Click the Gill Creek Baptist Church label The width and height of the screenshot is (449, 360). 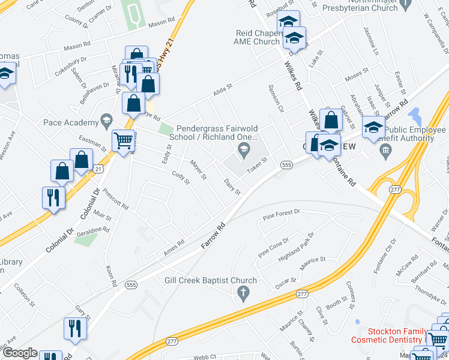[211, 280]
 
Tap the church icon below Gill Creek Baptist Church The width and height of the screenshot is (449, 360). [243, 294]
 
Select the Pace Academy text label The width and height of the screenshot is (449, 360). [70, 123]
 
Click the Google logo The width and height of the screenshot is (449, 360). [20, 353]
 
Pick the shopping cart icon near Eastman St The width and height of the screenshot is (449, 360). [123, 142]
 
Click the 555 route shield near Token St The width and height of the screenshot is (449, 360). [286, 164]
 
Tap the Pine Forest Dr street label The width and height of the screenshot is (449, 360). [281, 214]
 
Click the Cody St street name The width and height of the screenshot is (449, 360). [181, 178]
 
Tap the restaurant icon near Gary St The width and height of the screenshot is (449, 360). [75, 328]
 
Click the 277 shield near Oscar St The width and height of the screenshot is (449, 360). [302, 293]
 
